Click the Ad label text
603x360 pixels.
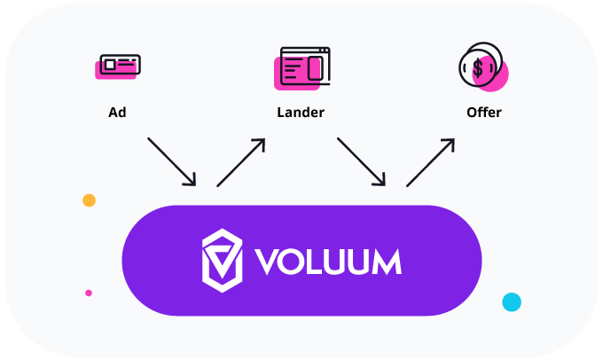(x=117, y=113)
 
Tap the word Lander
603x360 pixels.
(x=301, y=113)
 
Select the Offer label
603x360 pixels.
(x=483, y=113)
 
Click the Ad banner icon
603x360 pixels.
(x=118, y=65)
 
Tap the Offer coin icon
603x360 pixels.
(x=482, y=67)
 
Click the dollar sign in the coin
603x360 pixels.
(x=478, y=67)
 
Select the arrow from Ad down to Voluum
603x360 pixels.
(x=171, y=161)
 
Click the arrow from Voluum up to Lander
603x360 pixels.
(x=241, y=161)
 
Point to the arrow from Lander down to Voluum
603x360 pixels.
(x=361, y=161)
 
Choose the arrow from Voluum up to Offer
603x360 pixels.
(x=431, y=161)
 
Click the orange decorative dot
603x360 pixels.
(x=89, y=200)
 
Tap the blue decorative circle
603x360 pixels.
(x=512, y=302)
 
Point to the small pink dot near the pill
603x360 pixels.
(x=89, y=293)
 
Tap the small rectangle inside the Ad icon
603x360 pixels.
(x=109, y=64)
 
